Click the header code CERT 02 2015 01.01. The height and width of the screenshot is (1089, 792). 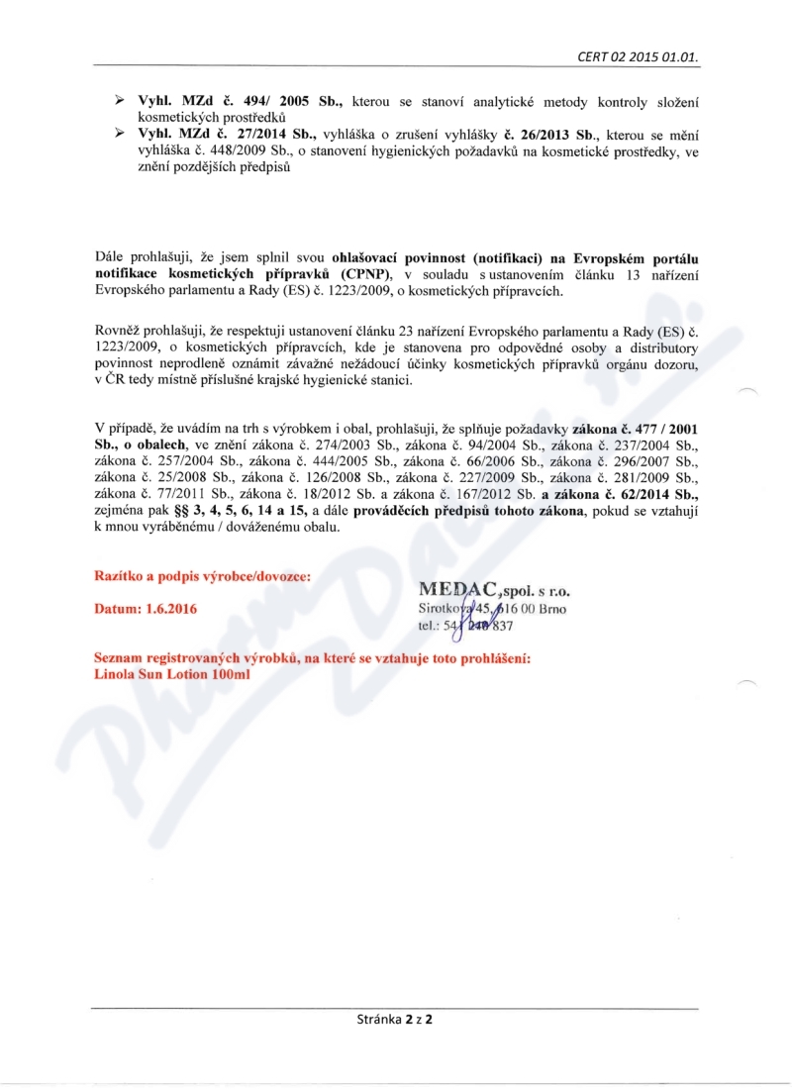[639, 57]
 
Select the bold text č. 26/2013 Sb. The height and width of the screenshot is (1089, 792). [547, 133]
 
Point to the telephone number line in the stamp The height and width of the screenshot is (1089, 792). [464, 626]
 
